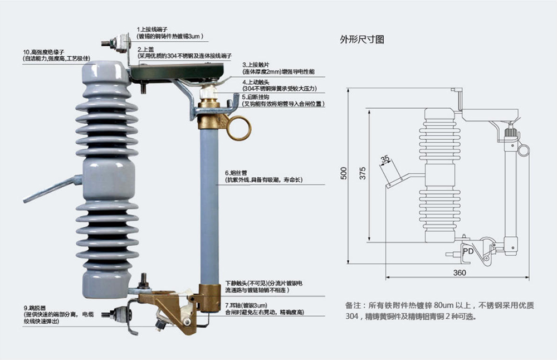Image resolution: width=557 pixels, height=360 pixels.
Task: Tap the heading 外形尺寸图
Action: click(x=362, y=40)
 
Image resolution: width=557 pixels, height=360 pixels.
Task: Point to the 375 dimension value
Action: click(x=363, y=174)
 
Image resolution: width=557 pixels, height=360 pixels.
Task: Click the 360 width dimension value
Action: click(x=459, y=273)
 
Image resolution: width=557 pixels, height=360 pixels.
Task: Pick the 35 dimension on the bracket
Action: click(x=385, y=160)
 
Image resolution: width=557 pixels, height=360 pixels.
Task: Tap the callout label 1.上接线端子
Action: click(x=153, y=29)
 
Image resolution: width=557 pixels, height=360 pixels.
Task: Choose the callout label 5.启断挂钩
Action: click(x=257, y=97)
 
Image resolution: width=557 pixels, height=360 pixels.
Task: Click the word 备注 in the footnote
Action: click(x=354, y=305)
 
